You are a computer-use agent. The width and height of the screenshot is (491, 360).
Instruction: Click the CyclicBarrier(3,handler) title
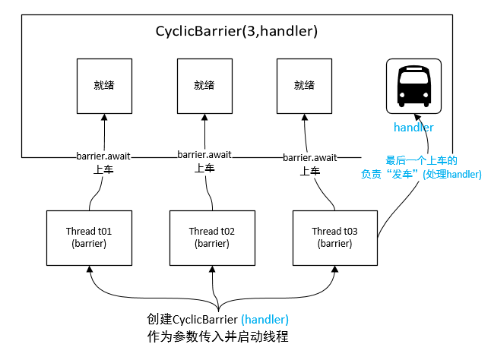tap(236, 32)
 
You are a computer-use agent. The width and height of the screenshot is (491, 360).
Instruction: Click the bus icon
tap(413, 85)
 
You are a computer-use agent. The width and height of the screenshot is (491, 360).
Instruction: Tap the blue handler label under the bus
tap(413, 127)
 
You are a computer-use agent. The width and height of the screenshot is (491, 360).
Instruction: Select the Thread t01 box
tap(89, 237)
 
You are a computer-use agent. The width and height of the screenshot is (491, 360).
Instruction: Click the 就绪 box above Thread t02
tap(204, 84)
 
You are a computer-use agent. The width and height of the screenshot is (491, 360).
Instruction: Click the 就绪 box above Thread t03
tap(304, 84)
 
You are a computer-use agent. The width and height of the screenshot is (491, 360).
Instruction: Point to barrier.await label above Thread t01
tap(103, 156)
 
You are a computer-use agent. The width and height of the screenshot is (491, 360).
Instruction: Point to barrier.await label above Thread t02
tap(204, 155)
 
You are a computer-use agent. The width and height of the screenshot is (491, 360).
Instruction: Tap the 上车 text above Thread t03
tap(310, 171)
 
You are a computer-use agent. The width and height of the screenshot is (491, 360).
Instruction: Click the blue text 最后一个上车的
tap(422, 160)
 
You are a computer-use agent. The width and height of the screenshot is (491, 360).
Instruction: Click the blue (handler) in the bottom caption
tap(265, 319)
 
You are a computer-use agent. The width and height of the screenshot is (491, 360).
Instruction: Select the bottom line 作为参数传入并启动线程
tap(218, 336)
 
